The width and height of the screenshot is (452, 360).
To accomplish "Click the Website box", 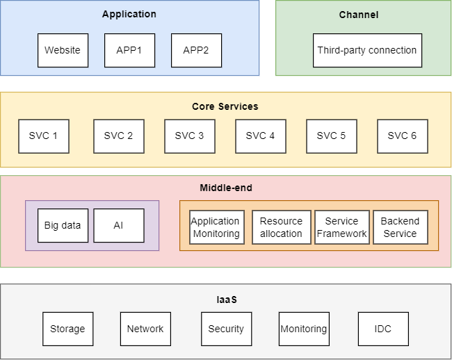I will [x=63, y=50].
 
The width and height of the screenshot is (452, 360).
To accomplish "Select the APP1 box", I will [x=129, y=50].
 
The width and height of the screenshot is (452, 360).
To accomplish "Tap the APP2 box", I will [x=196, y=50].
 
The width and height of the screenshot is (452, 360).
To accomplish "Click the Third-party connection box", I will [x=366, y=50].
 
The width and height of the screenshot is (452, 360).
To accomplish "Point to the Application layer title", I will [x=129, y=14].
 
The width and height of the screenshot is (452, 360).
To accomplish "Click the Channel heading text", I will [x=359, y=15].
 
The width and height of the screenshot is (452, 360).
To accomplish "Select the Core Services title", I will [x=225, y=106].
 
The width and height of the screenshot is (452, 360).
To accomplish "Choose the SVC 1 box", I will [x=44, y=136].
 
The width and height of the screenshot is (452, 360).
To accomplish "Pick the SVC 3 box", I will [x=189, y=136].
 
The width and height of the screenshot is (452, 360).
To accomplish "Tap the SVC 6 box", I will [x=402, y=136].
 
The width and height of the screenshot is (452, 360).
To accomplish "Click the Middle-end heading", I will [x=226, y=188].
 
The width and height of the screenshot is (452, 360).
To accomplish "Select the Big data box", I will [x=63, y=225].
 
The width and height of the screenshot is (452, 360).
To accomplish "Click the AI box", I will [x=118, y=225].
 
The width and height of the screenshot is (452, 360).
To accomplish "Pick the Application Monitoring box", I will [x=217, y=227].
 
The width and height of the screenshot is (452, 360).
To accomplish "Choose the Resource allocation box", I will [x=281, y=227].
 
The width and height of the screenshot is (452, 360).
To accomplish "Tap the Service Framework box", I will [x=341, y=227].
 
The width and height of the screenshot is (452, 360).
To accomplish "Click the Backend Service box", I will [x=400, y=227].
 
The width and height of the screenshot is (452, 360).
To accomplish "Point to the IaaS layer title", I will [x=226, y=300].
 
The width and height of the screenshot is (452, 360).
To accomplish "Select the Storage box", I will [x=67, y=329].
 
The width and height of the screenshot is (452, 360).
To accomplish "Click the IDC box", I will [x=382, y=329].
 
